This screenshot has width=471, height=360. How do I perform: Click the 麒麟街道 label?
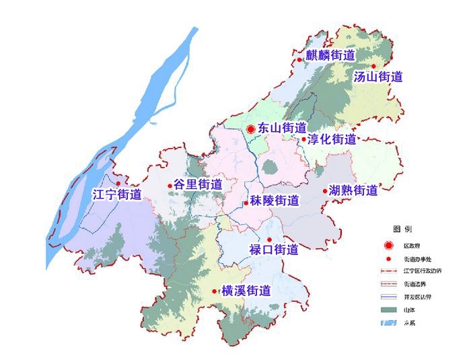point(330,56)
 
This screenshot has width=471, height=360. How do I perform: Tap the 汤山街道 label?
point(378,77)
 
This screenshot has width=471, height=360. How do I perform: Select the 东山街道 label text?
point(282,128)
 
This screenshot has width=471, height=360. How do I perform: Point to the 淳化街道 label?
point(332,140)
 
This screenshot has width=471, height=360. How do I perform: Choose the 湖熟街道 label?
point(354,190)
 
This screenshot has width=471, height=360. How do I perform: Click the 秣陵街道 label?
point(275,201)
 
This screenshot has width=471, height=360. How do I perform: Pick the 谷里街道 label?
point(198,184)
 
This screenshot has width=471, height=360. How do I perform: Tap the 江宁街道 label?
point(117,195)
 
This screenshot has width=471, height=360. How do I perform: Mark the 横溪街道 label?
point(246,291)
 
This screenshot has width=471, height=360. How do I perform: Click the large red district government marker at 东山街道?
point(250,129)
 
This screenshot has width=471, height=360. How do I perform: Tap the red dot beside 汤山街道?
point(374,66)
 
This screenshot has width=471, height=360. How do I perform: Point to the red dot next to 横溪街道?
point(215,291)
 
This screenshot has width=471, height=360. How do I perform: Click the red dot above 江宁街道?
point(118,183)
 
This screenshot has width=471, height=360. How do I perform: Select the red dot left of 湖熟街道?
point(324,190)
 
